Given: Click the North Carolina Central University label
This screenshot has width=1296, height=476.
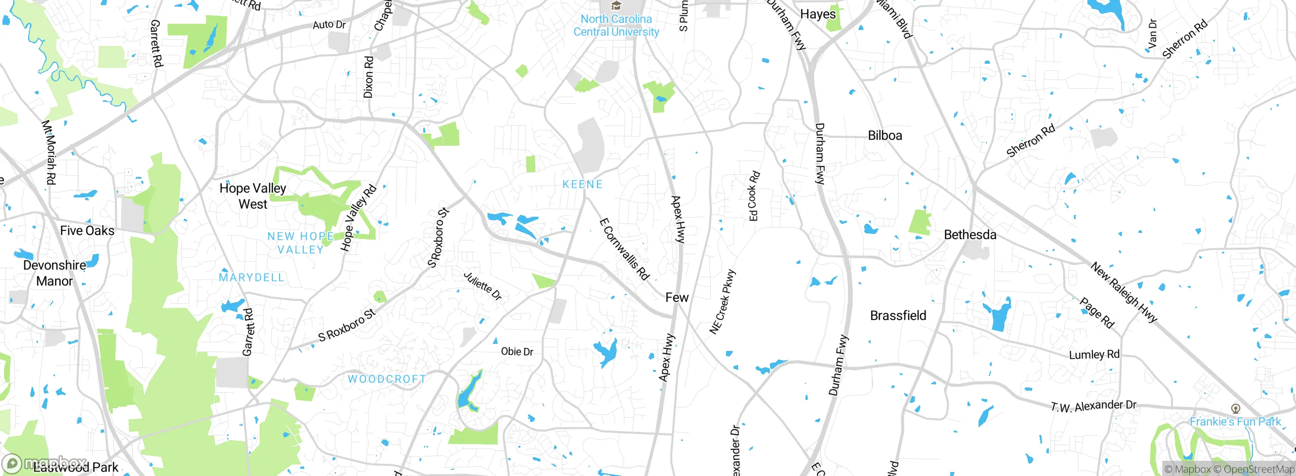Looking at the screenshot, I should click(616, 25).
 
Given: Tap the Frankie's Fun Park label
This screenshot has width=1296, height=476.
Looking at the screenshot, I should click(1235, 421).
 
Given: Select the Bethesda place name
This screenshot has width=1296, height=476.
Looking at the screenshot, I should click(970, 234).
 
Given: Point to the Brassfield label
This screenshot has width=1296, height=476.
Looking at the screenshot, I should click(898, 315).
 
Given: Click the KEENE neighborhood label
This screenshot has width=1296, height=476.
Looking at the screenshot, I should click(583, 184).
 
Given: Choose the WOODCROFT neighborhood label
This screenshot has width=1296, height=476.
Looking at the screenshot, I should click(387, 379).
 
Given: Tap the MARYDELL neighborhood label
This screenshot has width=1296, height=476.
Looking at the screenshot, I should click(252, 277).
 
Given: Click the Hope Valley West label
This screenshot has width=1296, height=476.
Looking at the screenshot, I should click(253, 196).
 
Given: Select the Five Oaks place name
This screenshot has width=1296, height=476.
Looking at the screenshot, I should click(87, 230).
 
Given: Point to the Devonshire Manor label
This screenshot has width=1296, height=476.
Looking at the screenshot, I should click(55, 273).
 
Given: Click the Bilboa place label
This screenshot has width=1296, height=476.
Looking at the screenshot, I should click(885, 135).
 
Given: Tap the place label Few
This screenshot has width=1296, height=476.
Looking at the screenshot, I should click(677, 297).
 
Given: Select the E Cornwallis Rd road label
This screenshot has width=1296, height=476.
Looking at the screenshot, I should click(624, 249).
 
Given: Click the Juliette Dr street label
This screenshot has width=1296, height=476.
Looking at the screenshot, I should click(482, 286).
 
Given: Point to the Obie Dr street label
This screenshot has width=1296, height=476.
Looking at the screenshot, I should click(517, 351).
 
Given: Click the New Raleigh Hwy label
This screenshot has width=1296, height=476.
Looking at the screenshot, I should click(1124, 292).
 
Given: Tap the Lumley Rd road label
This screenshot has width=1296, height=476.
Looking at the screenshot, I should click(1094, 354).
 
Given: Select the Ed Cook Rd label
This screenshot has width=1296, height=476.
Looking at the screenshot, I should click(754, 196).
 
